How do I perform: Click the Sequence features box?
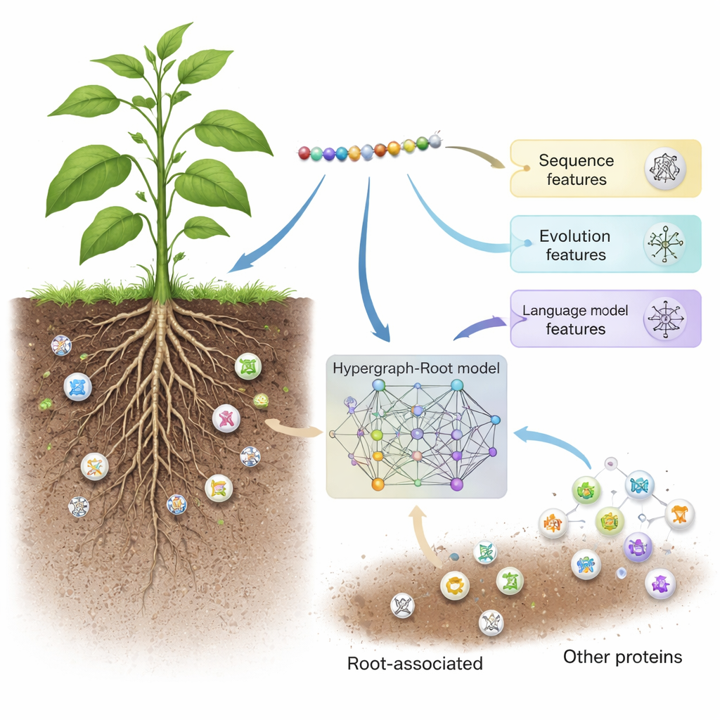pos(605,169)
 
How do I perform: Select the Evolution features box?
pos(605,244)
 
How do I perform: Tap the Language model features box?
pos(605,319)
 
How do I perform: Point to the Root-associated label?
pos(415,663)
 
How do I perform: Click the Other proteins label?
pos(622,657)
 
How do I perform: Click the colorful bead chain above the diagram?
pos(369,148)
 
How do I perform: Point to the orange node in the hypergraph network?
pos(377,483)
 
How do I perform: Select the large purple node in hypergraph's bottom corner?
pos(457,483)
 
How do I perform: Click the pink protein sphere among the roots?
pos(226,418)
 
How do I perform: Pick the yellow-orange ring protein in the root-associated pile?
pos(454,584)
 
